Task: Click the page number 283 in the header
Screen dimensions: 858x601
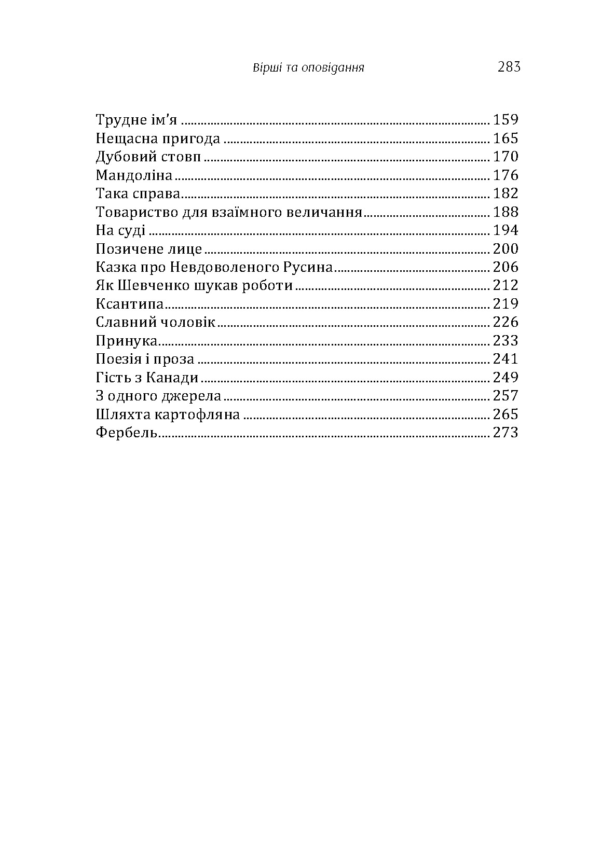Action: point(508,67)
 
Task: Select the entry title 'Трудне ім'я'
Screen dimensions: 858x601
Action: point(137,120)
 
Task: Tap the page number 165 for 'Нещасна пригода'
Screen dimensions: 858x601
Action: point(506,139)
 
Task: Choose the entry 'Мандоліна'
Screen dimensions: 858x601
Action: point(134,175)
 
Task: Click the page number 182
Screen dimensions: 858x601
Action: point(506,193)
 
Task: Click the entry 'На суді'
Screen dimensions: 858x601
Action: point(120,230)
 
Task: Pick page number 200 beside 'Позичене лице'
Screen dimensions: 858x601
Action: point(506,249)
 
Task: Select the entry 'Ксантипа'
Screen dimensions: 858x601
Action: point(130,304)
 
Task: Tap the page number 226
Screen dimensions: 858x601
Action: point(506,322)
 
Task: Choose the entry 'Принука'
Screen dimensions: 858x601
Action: point(127,341)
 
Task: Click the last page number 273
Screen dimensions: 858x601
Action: point(506,433)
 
